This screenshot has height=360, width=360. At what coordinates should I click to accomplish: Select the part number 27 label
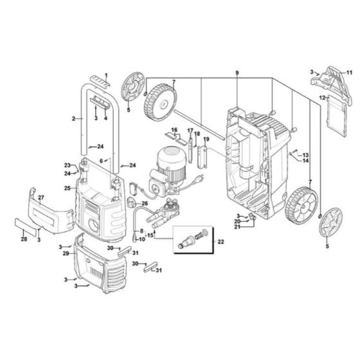[x=40, y=197]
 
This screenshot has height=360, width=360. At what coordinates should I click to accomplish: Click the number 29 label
[x=66, y=254]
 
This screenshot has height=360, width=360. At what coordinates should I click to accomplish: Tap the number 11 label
[x=350, y=73]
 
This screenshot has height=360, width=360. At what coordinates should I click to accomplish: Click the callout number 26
[x=144, y=203]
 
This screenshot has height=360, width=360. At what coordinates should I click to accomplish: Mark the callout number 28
[x=24, y=239]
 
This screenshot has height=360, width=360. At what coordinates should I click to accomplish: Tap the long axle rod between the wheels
[x=199, y=123]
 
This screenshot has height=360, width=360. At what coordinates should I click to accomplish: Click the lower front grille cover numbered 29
[x=103, y=264]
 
